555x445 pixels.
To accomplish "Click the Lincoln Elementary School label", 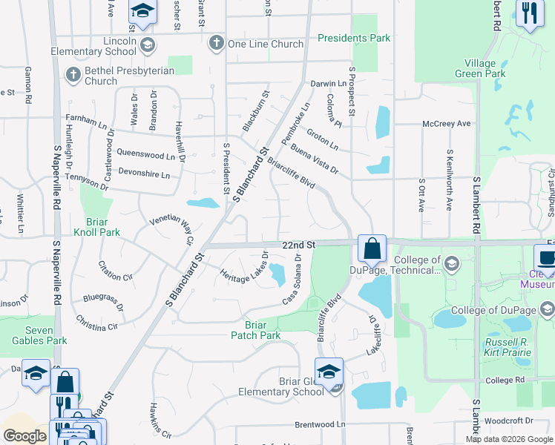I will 93,45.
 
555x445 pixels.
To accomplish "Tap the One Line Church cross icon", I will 217,43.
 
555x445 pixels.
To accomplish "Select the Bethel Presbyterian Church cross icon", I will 73,74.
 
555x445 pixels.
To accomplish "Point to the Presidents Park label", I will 354,38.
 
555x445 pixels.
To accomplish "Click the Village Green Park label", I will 485,68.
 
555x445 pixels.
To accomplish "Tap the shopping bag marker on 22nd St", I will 372,248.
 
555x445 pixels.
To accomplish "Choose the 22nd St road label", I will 298,244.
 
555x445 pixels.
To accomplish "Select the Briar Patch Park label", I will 263,329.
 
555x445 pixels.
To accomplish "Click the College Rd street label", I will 505,380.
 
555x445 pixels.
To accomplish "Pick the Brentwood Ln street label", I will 321,424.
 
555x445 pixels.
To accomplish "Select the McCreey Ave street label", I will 447,124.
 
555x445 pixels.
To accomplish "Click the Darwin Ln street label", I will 328,84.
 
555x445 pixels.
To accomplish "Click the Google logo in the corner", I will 25,436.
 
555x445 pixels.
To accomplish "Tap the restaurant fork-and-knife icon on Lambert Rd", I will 530,13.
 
